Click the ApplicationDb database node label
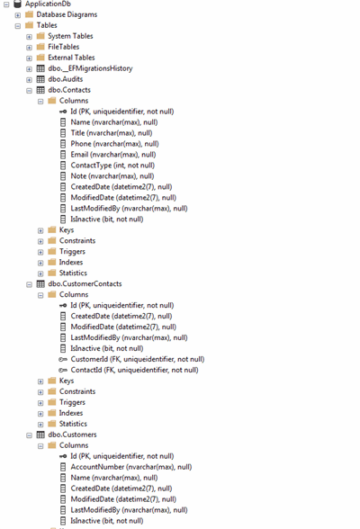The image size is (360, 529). (48, 4)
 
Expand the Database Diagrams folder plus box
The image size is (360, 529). (17, 14)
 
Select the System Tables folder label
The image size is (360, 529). (70, 36)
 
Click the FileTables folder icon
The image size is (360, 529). (40, 47)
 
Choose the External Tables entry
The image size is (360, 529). (71, 58)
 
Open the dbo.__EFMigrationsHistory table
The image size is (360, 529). (90, 68)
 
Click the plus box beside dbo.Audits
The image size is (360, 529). (29, 79)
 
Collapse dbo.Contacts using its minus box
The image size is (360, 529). (29, 90)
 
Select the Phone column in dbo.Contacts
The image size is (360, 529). (114, 144)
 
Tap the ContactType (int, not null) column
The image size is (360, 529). (112, 166)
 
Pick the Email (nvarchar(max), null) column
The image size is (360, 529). (113, 155)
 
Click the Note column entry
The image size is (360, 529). (112, 176)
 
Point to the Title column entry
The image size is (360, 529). (112, 133)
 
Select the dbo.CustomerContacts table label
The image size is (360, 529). (85, 283)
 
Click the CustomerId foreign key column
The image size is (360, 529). (138, 359)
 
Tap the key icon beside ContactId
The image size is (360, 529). (63, 370)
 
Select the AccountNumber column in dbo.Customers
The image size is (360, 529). (131, 467)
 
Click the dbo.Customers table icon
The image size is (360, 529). (40, 435)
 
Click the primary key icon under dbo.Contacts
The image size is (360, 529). (63, 112)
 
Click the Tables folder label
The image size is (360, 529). (47, 25)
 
